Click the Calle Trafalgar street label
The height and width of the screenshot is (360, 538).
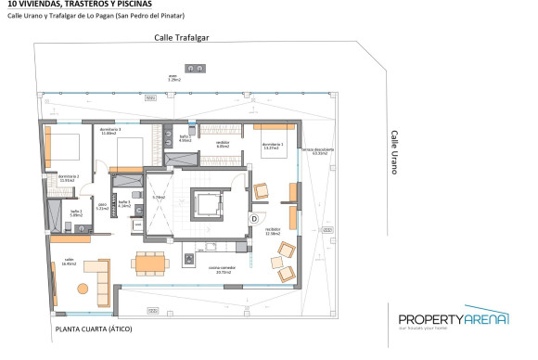click(184, 38)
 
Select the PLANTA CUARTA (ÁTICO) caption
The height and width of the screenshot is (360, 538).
click(93, 329)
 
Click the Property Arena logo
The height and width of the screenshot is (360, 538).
click(454, 321)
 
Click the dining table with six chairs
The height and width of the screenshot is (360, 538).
click(152, 261)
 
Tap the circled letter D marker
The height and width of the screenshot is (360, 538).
click(254, 217)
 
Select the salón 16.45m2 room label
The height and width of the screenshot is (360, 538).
click(69, 262)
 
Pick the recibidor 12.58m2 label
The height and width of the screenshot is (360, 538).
click(273, 230)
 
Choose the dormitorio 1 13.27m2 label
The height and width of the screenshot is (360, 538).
click(272, 145)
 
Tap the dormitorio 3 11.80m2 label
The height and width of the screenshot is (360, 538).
click(111, 132)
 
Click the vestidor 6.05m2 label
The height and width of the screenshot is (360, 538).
click(223, 145)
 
